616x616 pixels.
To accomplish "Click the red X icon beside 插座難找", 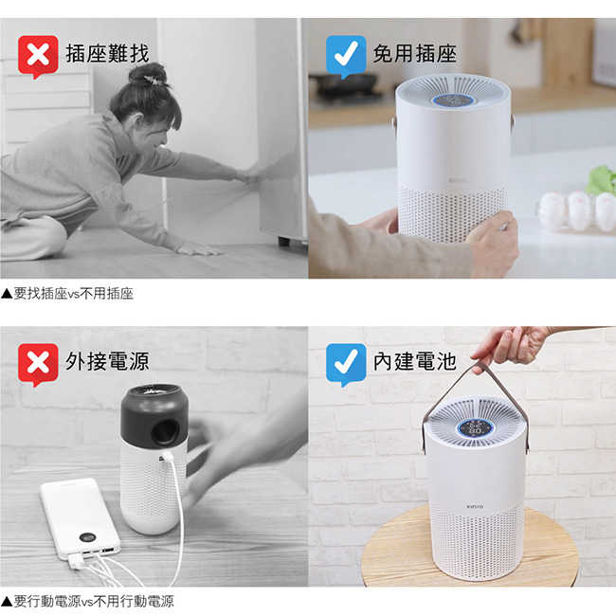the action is tap(38, 56).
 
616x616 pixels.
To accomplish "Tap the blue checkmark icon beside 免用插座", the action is tap(346, 56).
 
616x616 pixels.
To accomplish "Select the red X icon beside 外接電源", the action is tap(38, 364).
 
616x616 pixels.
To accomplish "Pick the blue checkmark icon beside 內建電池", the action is tap(346, 364).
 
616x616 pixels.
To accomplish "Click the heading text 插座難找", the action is tap(107, 53).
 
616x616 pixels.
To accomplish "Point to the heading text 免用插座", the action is tap(415, 53).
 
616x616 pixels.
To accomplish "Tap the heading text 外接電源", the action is tap(107, 361).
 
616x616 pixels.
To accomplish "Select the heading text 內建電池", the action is tap(415, 361).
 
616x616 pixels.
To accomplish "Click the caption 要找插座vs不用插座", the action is tap(67, 294).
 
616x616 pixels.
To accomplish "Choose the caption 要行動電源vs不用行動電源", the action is tap(87, 601).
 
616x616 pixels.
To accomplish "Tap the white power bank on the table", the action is tap(81, 518).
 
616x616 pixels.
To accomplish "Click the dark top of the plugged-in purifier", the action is tap(154, 416).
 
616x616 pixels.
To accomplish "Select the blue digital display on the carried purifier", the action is tap(475, 427).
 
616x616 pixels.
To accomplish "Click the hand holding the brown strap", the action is tap(511, 346).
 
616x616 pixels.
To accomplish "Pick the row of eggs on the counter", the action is tap(577, 210).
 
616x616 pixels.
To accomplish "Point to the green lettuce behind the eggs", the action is tap(602, 181).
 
